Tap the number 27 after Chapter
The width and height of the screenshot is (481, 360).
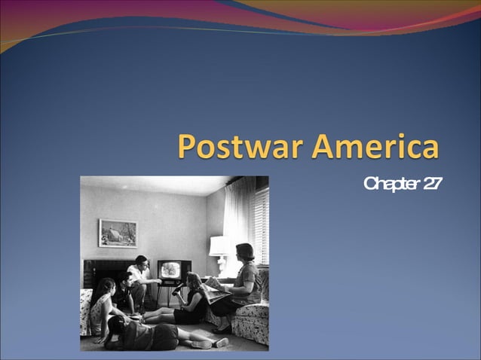pos(432,185)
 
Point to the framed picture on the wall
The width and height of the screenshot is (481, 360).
pos(118,233)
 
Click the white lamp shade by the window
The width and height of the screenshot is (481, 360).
pos(219,246)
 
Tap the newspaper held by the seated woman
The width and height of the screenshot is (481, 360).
pos(216,287)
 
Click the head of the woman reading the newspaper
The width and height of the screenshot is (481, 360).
pos(245,252)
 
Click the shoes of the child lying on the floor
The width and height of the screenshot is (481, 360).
pos(211,343)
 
